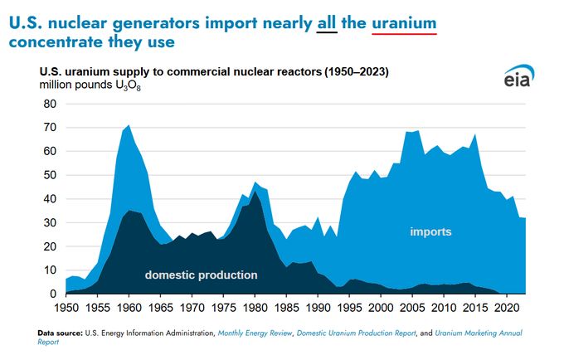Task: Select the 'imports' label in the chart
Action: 431,231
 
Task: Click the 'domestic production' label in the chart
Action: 202,275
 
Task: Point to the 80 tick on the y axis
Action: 49,104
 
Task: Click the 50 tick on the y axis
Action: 49,175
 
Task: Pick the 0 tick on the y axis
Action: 52,294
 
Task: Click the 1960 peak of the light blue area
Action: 129,126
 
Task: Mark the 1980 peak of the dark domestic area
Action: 255,193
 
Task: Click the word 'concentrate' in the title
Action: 63,40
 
